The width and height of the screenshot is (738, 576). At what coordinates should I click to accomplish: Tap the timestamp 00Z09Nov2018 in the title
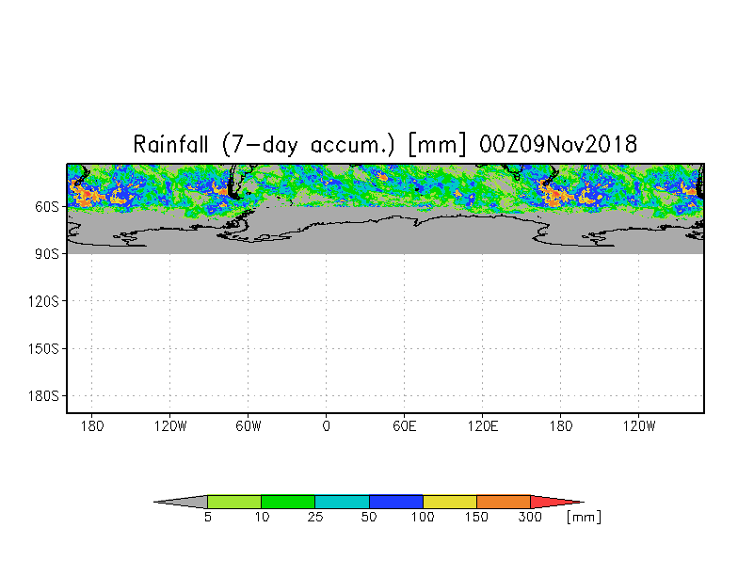click(558, 145)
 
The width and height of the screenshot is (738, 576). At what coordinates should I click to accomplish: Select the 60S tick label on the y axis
click(47, 206)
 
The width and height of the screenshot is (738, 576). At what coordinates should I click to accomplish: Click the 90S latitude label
click(47, 254)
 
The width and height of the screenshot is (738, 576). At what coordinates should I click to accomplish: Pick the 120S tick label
click(43, 301)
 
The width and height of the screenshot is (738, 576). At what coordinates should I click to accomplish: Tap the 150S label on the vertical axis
click(43, 348)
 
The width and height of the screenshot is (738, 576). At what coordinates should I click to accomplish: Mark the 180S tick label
click(43, 396)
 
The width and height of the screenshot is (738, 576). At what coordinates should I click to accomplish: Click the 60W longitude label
click(248, 426)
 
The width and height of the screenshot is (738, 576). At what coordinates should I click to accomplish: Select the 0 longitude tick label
click(327, 426)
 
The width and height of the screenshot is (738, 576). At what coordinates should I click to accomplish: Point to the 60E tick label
click(405, 426)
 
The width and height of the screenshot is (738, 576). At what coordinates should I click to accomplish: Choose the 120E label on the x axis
click(483, 426)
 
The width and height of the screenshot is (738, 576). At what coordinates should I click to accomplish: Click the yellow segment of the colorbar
click(449, 503)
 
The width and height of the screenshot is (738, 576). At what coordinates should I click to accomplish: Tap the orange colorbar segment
click(504, 503)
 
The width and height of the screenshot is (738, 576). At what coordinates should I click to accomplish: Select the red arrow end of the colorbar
click(553, 503)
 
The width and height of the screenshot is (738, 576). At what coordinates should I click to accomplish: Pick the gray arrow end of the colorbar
click(184, 503)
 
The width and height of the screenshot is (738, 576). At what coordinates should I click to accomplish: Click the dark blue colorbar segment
click(395, 503)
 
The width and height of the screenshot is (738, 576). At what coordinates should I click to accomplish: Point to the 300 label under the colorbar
click(530, 518)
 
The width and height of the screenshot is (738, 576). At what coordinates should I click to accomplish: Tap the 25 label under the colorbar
click(314, 518)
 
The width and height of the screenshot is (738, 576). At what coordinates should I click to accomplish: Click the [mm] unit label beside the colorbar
click(584, 518)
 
